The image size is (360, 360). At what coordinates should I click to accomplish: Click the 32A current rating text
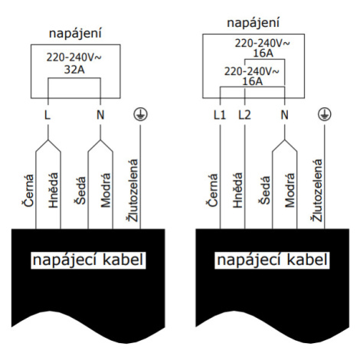pos(74,70)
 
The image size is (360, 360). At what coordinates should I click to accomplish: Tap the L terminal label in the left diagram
pos(47,115)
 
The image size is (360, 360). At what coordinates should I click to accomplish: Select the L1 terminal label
pos(220,115)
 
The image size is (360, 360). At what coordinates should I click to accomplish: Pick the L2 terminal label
pos(244,115)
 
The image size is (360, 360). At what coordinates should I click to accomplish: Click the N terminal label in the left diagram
pos(100,115)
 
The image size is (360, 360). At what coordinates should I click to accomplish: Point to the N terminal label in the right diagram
pos(284,115)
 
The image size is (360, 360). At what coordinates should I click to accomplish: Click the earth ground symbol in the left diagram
pos(140,114)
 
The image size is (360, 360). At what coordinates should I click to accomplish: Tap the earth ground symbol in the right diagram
pos(325,114)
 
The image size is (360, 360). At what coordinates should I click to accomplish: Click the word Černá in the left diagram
pos(28,190)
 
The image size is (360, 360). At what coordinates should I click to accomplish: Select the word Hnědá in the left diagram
pos(54,190)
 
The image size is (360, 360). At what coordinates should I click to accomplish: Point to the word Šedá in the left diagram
pos(80,191)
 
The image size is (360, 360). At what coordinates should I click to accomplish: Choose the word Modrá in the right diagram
pos(290,190)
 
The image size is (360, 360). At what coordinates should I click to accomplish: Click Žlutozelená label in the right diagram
pos(317,191)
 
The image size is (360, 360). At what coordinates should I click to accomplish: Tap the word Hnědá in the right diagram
pos(237,190)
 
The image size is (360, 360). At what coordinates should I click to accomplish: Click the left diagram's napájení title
pos(75,34)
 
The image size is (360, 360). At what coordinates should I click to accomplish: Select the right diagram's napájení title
pos(254,22)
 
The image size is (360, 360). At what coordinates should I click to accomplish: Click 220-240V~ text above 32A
pos(74,57)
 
